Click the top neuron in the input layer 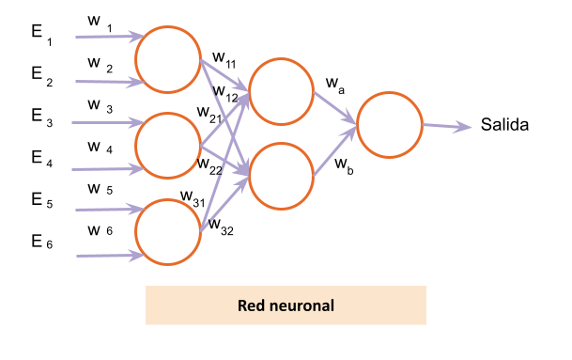168,59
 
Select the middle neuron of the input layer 168,146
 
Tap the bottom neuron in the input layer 168,232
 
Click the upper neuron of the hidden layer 281,91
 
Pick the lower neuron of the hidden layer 281,176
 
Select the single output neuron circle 390,125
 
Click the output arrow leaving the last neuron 445,126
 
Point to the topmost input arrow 106,38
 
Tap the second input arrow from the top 106,83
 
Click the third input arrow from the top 106,123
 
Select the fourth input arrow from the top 106,170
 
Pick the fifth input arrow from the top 106,210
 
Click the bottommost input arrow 106,256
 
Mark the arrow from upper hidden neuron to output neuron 334,106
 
